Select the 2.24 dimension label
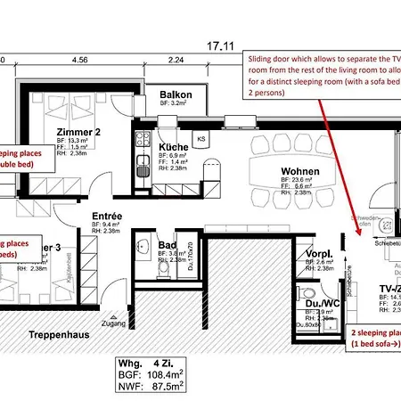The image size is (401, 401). click(x=175, y=60)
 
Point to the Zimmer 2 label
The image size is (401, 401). click(x=99, y=130)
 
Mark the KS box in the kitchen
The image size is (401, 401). click(x=201, y=138)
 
